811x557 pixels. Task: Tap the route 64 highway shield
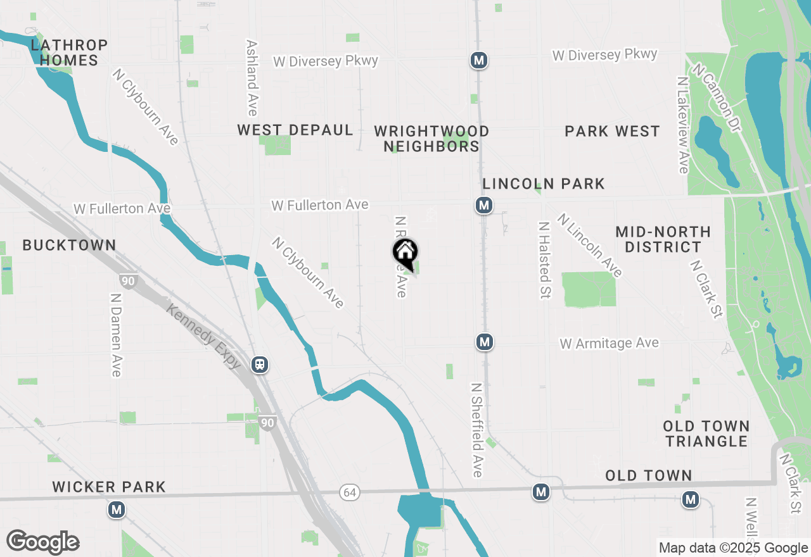(x=348, y=492)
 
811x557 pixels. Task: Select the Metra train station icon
(x=259, y=365)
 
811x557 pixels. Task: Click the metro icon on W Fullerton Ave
(x=484, y=205)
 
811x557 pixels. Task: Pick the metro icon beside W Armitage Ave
(x=485, y=342)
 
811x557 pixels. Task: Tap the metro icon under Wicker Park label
(x=116, y=510)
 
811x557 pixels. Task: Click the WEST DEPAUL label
(x=295, y=130)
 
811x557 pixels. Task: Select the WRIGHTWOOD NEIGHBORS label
(x=431, y=139)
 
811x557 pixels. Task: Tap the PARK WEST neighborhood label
(x=612, y=132)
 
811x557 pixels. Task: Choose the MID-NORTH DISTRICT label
(x=663, y=239)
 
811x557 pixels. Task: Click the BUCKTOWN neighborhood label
(x=69, y=246)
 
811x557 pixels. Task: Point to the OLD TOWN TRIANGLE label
(x=706, y=434)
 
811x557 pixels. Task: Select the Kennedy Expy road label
(x=204, y=336)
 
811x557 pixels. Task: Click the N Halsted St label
(x=544, y=261)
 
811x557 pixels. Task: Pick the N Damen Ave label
(x=115, y=334)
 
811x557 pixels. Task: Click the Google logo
(x=42, y=542)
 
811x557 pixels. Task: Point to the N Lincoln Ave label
(x=590, y=245)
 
